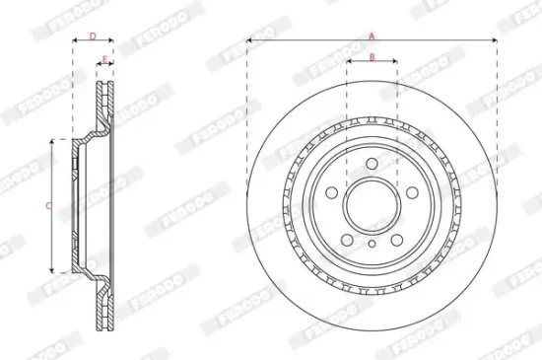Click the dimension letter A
click(372, 35)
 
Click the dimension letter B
click(372, 56)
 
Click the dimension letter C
click(49, 205)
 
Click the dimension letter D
click(93, 36)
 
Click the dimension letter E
click(103, 61)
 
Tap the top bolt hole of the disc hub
click(372, 165)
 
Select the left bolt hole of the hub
click(333, 192)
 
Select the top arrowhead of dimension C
click(53, 142)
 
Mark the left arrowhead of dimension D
click(76, 44)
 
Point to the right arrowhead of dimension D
click(109, 44)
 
